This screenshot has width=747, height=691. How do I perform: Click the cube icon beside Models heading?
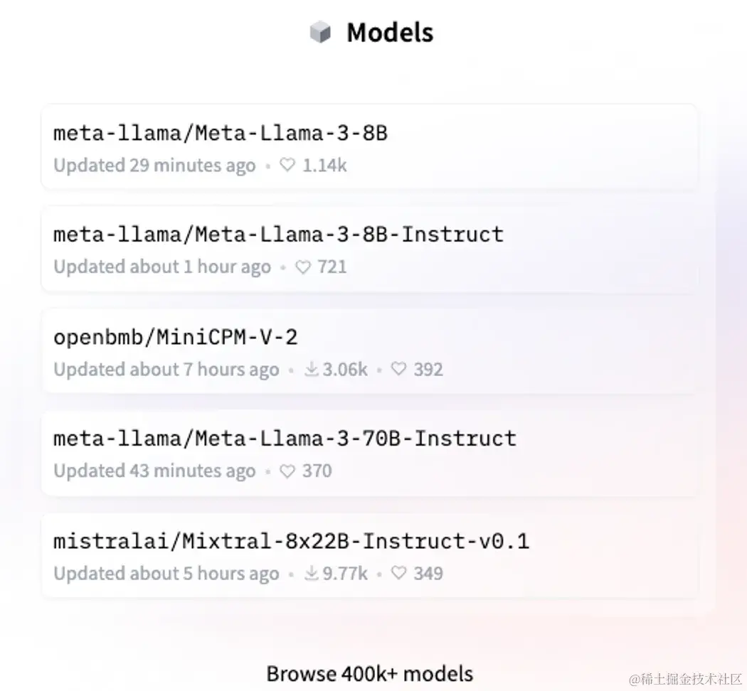point(321,33)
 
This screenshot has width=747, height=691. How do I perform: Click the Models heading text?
point(390,33)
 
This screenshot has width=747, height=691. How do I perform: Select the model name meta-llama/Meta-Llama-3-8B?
point(221,133)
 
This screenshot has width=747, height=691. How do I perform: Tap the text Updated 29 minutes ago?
point(154,166)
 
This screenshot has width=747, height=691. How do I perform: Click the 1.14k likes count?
point(324,166)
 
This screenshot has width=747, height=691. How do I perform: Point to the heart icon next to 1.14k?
point(287,166)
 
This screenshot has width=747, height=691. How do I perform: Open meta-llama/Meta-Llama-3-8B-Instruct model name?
point(278,235)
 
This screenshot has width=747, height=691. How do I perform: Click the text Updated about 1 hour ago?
point(162,267)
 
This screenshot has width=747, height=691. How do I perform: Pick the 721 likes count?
point(332,267)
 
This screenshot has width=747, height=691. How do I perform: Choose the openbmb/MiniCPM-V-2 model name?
point(176,337)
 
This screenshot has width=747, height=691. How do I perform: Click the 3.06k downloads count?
point(345,370)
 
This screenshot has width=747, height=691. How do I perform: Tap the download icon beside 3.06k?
point(312,370)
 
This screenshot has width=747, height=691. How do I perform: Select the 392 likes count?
point(428,370)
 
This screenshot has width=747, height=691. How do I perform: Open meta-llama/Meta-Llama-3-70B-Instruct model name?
point(285,439)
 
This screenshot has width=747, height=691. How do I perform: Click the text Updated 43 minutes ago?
point(154,471)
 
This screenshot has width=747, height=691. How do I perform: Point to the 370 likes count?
point(317,471)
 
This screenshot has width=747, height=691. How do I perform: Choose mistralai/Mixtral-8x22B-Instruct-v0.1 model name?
point(291,542)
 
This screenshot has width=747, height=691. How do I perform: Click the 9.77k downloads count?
point(345,574)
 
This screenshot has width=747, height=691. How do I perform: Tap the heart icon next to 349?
point(399,574)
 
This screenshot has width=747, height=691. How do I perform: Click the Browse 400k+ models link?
point(369,673)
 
